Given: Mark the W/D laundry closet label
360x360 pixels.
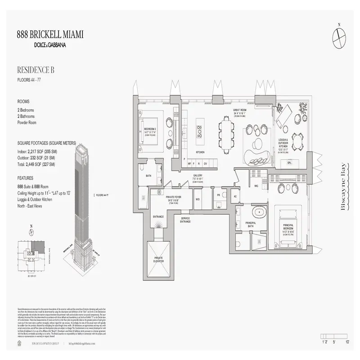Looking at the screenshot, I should (198, 198).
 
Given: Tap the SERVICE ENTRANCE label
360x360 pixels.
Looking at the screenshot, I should (185, 220).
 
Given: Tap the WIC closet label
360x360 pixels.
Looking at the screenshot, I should (256, 185).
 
